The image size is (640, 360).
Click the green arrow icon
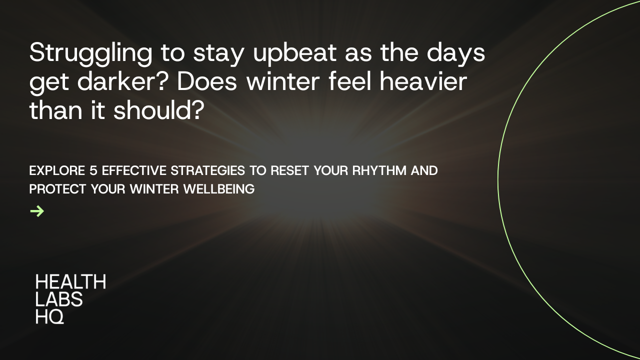[x=37, y=211]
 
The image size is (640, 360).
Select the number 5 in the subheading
[x=93, y=170]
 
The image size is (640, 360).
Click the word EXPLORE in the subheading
[x=57, y=170]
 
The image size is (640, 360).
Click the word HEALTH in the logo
[x=70, y=282]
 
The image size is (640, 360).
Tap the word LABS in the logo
[x=59, y=299]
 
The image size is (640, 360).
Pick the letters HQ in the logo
[x=49, y=316]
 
